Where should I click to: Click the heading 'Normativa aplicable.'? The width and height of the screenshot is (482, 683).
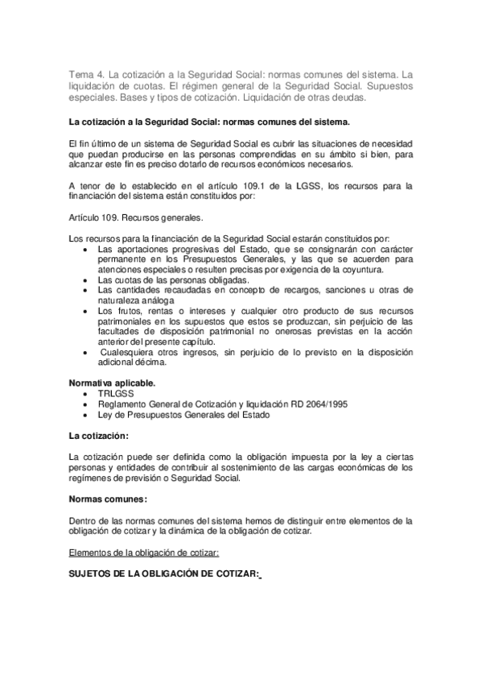[x=113, y=382]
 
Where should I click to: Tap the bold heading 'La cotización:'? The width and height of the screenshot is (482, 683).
[x=99, y=436]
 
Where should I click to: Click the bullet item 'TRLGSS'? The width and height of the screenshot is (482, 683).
[x=116, y=394]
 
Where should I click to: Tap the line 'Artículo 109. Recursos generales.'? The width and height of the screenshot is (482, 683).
[x=136, y=217]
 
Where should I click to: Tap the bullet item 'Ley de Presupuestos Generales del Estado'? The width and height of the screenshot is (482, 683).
[x=183, y=415]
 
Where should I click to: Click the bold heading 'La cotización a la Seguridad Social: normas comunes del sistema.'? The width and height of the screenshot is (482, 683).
[x=210, y=122]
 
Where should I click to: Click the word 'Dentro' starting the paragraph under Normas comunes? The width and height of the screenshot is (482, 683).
[x=84, y=520]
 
